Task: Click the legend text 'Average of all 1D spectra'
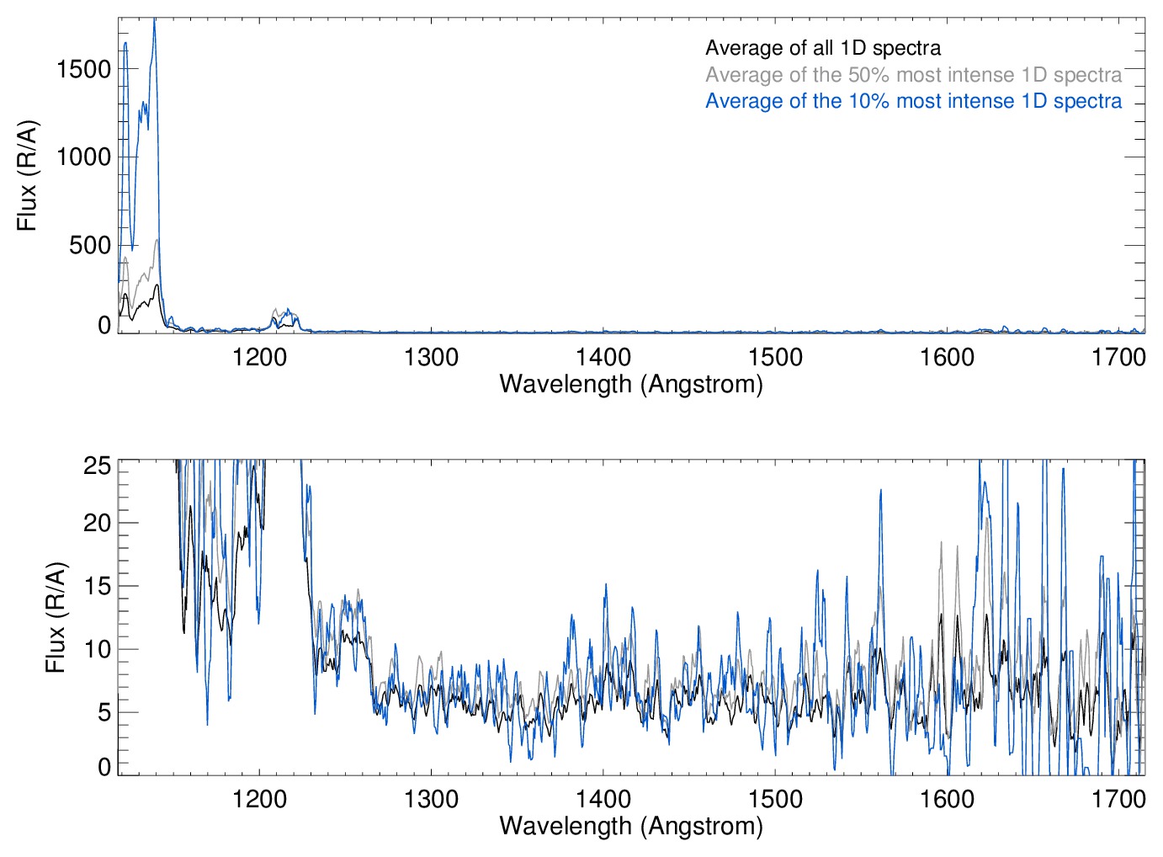[822, 48]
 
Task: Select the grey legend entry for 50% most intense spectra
[913, 75]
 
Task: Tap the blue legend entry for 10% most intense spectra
[913, 101]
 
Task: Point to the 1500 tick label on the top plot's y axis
[83, 69]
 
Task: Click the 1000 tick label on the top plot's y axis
[83, 157]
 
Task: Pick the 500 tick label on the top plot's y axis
[90, 245]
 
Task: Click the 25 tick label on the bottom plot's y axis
[98, 466]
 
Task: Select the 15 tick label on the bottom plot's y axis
[98, 586]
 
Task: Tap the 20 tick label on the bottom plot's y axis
[98, 523]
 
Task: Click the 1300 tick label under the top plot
[431, 357]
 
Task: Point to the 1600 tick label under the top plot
[947, 357]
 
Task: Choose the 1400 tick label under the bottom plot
[603, 798]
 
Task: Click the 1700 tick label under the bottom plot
[1118, 798]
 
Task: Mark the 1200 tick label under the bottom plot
[259, 798]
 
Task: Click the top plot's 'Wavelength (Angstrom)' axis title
[631, 384]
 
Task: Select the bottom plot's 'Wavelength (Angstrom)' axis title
[631, 826]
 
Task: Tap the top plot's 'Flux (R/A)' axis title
[27, 176]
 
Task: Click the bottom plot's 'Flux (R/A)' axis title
[56, 617]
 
